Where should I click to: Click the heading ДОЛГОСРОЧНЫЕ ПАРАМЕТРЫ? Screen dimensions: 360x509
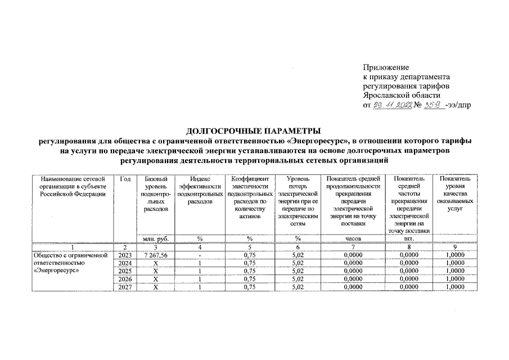pyautogui.click(x=254, y=130)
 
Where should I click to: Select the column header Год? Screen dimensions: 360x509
pyautogui.click(x=125, y=179)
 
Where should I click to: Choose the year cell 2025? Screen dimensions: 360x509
pyautogui.click(x=125, y=271)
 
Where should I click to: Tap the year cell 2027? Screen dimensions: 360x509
pyautogui.click(x=125, y=287)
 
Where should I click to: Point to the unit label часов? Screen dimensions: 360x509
pyautogui.click(x=353, y=238)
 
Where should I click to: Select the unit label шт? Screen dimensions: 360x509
pyautogui.click(x=408, y=238)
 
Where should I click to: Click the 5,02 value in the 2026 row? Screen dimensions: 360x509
pyautogui.click(x=298, y=279)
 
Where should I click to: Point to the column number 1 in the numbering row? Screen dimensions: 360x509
pyautogui.click(x=73, y=246)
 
